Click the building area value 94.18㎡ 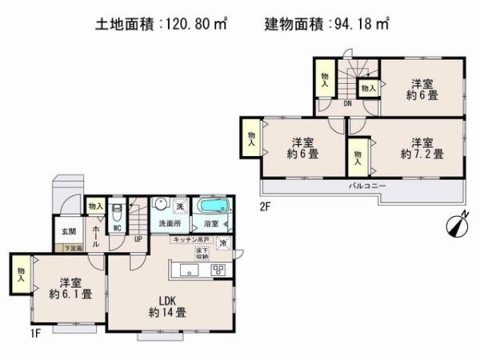361,24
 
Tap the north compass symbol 454,227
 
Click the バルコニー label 367,186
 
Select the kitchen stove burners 218,270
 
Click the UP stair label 138,238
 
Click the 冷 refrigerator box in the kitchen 223,243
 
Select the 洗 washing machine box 180,206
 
